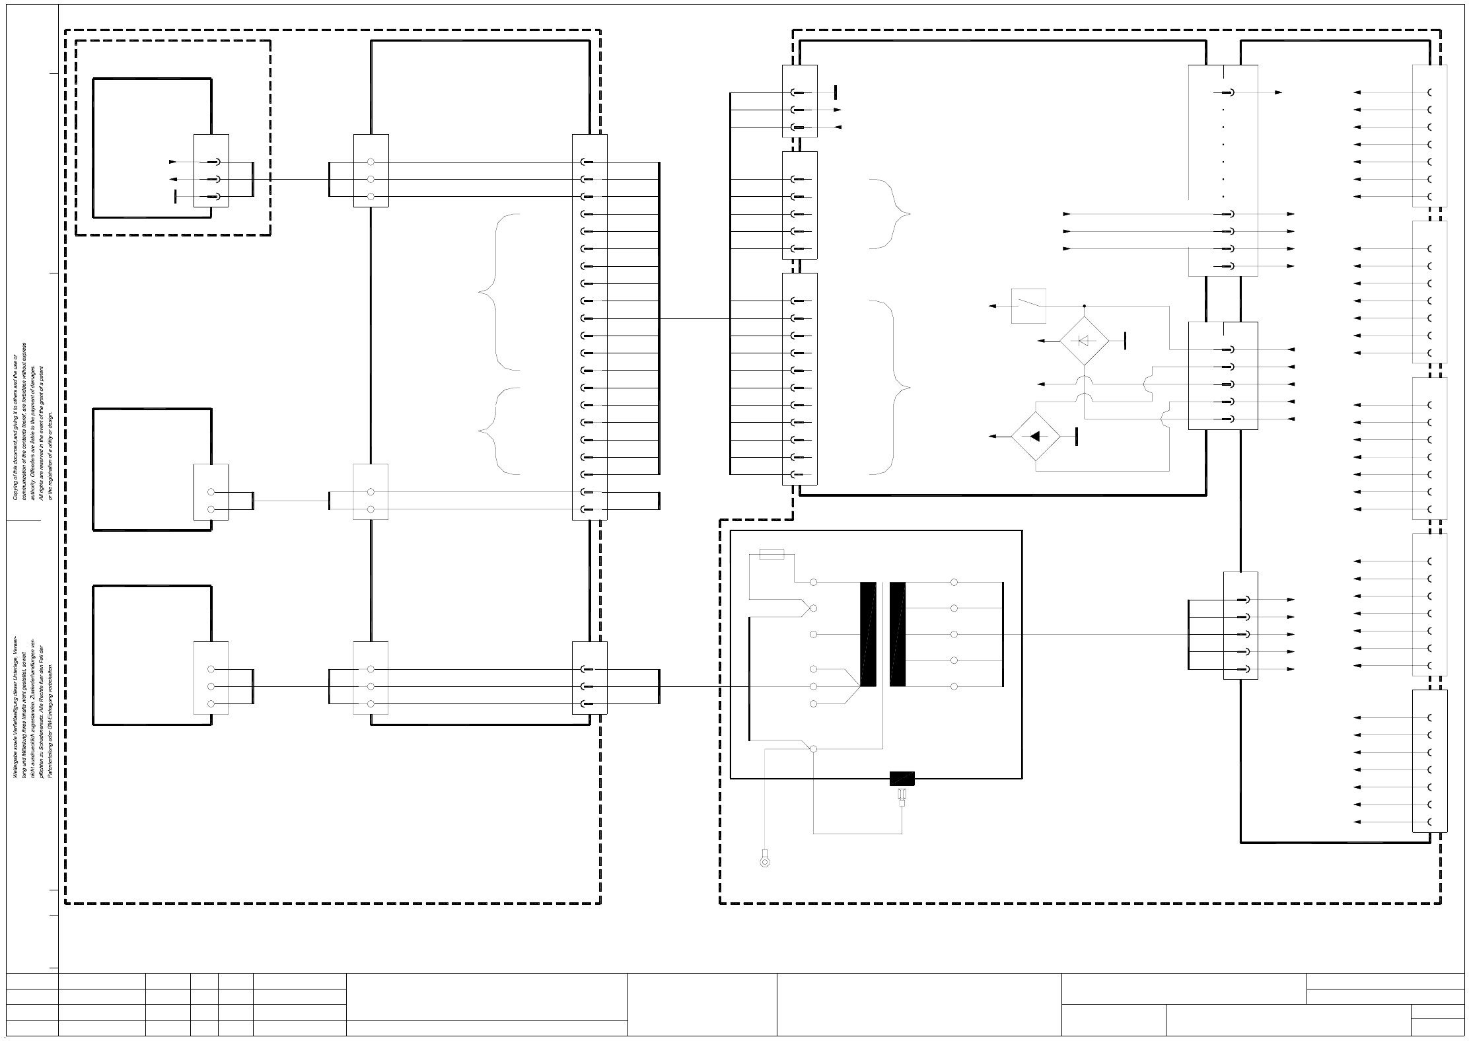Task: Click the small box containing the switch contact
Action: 1028,306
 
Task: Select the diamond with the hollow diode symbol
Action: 1084,341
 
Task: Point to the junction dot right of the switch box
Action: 1084,306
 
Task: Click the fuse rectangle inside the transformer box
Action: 772,555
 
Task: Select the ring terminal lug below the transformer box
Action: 765,861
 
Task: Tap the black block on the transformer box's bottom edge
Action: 902,779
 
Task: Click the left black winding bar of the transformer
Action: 868,634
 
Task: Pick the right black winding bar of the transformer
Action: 898,634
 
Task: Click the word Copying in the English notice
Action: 15,489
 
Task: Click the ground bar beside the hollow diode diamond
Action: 1124,341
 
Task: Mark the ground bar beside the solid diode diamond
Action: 1077,436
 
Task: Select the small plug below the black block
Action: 901,801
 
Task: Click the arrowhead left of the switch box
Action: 992,306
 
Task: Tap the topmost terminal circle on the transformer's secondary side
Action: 954,582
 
